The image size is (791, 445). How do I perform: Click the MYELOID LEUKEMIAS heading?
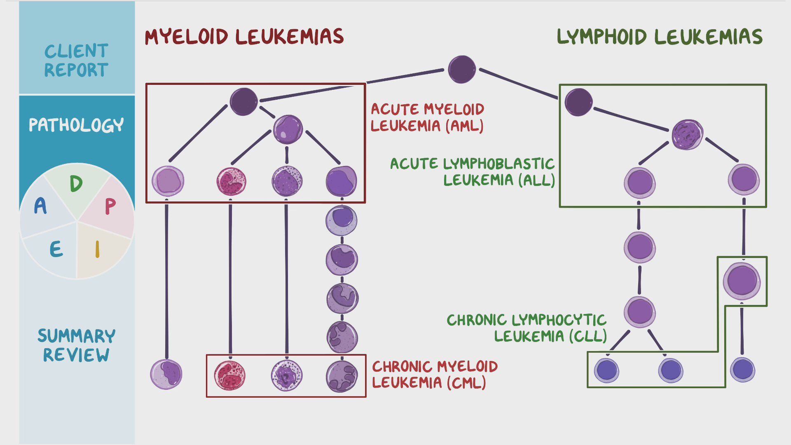[x=244, y=37]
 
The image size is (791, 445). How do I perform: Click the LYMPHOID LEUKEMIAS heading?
[x=659, y=37]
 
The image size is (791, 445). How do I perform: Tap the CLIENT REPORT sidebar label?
[x=76, y=60]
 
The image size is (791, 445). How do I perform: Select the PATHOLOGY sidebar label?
[x=76, y=125]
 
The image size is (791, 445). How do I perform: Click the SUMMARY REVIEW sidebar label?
[x=76, y=345]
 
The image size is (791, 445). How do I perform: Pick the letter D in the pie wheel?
[x=76, y=183]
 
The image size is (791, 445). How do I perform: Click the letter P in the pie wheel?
[x=110, y=206]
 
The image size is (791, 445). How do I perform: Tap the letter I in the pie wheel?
[x=97, y=249]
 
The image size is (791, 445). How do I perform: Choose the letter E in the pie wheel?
[x=56, y=249]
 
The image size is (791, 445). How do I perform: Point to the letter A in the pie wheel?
[x=40, y=206]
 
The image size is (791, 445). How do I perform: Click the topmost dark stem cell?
[x=462, y=70]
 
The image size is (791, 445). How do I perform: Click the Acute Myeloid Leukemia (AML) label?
[x=427, y=117]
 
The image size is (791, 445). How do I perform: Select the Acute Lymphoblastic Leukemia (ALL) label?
[x=473, y=172]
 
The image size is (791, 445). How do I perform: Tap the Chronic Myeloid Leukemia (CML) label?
[x=435, y=375]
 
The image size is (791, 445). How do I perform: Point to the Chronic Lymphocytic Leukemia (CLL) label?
[x=527, y=328]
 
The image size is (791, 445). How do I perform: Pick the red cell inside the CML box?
[x=229, y=375]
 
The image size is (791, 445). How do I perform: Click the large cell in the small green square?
[x=742, y=281]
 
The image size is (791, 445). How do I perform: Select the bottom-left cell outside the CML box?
[x=166, y=374]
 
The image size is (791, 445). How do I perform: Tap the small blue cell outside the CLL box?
[x=742, y=369]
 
